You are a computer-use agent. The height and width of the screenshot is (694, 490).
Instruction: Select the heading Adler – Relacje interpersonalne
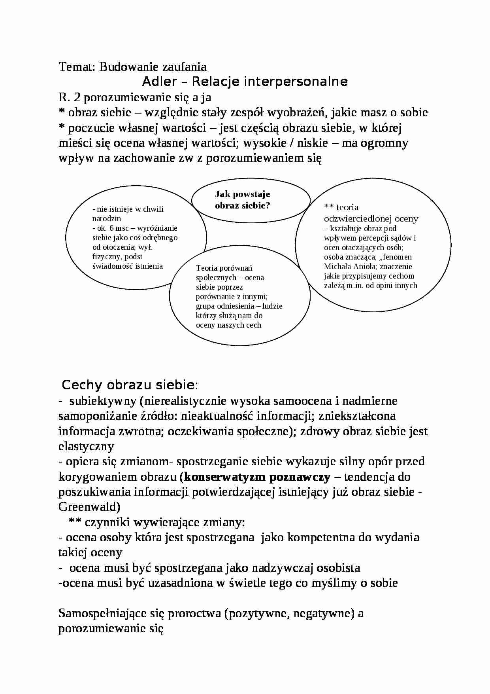pos(245,82)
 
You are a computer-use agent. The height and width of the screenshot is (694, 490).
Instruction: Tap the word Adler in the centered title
pos(159,82)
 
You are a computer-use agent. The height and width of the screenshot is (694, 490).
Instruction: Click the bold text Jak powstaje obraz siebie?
pos(242,199)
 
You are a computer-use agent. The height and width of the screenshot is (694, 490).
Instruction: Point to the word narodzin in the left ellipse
pos(106,218)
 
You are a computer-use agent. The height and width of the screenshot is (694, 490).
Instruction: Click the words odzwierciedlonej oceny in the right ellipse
pos(371,218)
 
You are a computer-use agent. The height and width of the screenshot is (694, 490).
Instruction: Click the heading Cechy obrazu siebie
pos(128,385)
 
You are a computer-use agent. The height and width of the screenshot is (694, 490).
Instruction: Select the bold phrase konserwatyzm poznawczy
pos(257,477)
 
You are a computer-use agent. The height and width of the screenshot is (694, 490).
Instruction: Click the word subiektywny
pos(103,401)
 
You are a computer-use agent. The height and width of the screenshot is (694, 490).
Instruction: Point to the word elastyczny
pos(86,446)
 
